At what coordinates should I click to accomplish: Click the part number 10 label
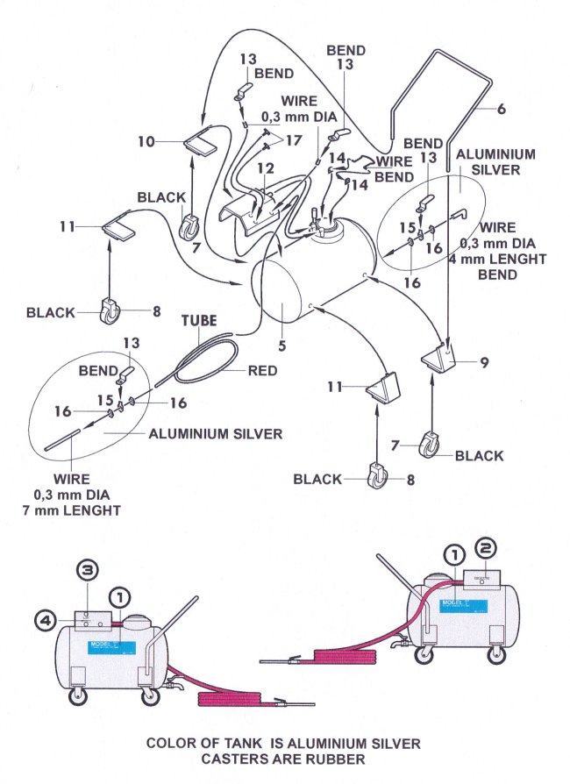coord(146,139)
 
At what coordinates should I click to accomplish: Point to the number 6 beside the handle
coord(501,109)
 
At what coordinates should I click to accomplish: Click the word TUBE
coord(199,321)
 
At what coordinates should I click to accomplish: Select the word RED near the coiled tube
coord(261,370)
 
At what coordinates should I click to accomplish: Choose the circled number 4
coord(44,620)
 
